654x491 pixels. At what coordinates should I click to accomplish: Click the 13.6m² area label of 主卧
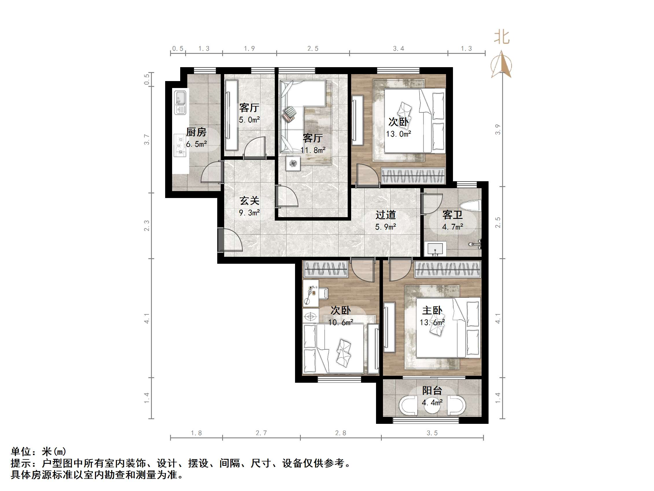(432, 322)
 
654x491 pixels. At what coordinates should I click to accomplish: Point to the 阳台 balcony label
(432, 390)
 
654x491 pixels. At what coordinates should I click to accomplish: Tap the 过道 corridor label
(386, 215)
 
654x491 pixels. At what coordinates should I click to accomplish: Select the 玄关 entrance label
(249, 201)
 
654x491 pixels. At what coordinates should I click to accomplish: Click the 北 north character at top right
(502, 37)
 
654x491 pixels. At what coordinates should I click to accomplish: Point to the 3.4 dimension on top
(398, 49)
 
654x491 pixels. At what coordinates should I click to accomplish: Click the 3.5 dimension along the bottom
(432, 433)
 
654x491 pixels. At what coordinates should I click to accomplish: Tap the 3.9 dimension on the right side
(498, 130)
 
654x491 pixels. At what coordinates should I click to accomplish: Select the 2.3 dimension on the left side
(147, 226)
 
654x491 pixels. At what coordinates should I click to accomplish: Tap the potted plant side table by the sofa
(293, 163)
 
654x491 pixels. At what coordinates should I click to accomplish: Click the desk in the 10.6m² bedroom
(310, 293)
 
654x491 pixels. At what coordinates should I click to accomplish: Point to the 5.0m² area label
(249, 120)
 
